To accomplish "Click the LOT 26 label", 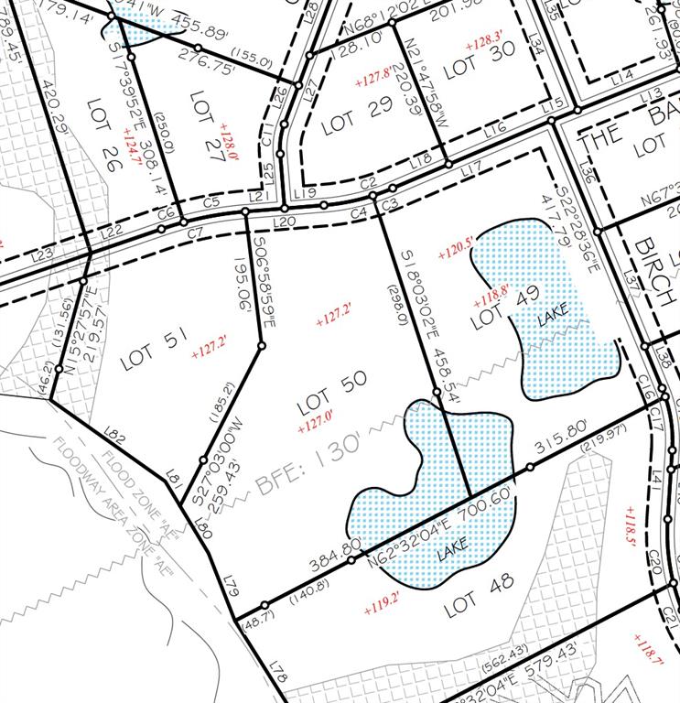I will click(x=109, y=121).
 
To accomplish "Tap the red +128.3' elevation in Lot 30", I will click(x=484, y=43).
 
